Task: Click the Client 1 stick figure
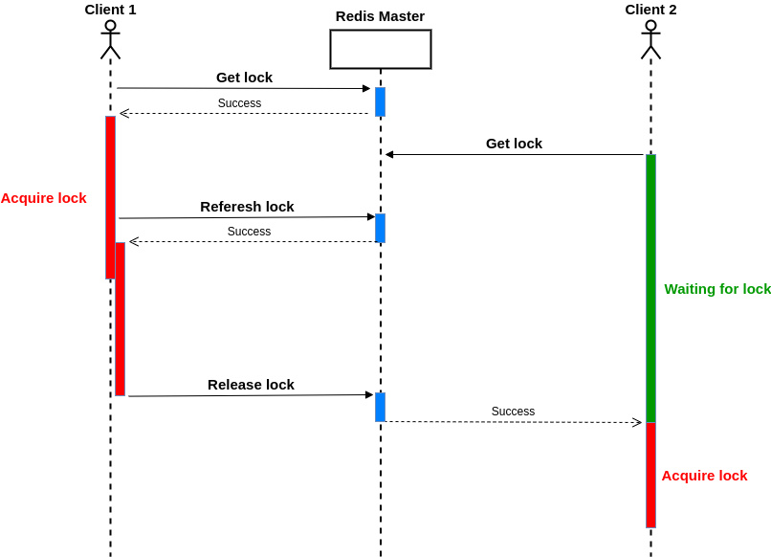click(x=110, y=39)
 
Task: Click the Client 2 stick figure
click(x=650, y=39)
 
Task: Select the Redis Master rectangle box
click(x=380, y=49)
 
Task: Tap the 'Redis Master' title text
click(x=380, y=16)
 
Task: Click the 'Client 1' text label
click(x=110, y=10)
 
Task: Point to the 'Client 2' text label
click(x=650, y=10)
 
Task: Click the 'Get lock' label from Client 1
click(x=244, y=78)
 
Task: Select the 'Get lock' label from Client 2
click(x=514, y=144)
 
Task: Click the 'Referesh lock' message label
click(x=247, y=207)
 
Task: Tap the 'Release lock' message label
click(x=251, y=385)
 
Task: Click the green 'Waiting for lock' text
click(x=717, y=289)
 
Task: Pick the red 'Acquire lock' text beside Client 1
click(x=43, y=198)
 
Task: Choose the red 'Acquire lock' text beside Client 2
click(x=704, y=476)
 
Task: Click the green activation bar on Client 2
click(x=650, y=287)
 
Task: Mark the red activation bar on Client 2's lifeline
click(x=650, y=475)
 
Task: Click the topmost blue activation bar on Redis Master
click(x=380, y=101)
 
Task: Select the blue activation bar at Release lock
click(x=380, y=407)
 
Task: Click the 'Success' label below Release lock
click(x=513, y=412)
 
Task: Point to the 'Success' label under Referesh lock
click(x=249, y=232)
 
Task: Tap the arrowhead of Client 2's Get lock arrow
click(x=389, y=154)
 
